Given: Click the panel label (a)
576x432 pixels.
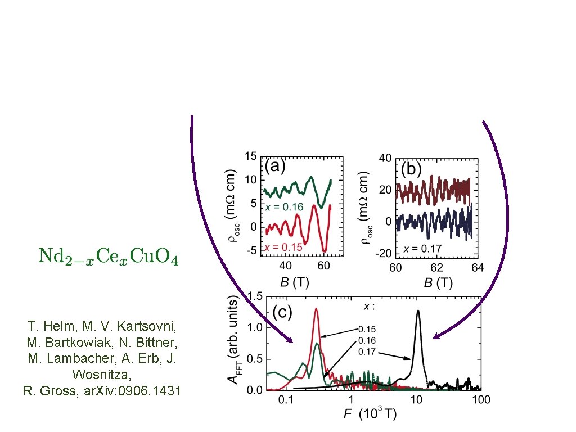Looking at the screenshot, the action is point(275,166).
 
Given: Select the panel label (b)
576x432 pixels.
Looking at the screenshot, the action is point(411,169).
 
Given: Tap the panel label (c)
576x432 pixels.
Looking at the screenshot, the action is point(282,312).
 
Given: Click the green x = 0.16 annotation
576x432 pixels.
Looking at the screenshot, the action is point(285,207).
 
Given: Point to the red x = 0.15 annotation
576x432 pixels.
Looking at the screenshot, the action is point(283,247).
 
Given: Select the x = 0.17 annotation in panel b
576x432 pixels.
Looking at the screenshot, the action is point(422,249).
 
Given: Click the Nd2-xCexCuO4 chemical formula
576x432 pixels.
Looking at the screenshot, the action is point(109,256).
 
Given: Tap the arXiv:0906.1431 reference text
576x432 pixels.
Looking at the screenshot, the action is point(132,390).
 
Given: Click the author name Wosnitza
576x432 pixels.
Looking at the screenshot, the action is point(102,374).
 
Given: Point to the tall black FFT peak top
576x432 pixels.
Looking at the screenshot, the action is point(418,311).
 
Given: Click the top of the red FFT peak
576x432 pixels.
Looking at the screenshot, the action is point(316,309).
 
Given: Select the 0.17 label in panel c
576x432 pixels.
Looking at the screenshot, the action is point(367,352).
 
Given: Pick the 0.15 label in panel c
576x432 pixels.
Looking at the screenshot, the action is point(367,329).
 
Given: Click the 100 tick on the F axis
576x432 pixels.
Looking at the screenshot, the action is point(481,400).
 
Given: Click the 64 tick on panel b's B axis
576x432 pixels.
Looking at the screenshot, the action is point(478,267).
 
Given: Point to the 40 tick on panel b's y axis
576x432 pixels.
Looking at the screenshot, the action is point(385,158).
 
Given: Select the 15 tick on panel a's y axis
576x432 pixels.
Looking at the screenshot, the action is point(251,156).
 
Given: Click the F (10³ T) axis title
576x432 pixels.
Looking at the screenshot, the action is point(370,414).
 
